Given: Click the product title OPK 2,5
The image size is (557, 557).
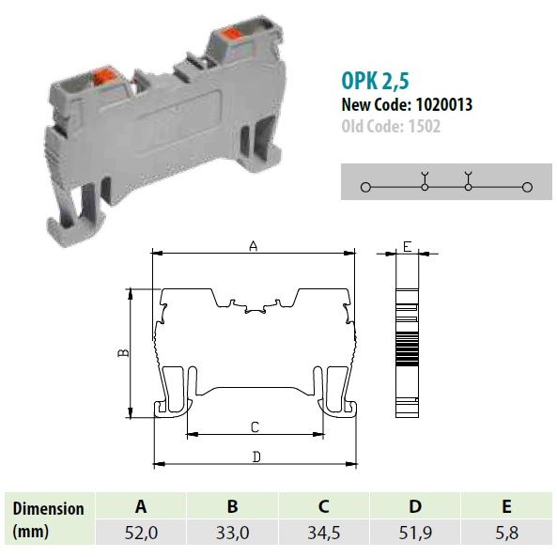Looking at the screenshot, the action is click(x=375, y=81).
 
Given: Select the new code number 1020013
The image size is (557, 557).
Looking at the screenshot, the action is click(x=444, y=105).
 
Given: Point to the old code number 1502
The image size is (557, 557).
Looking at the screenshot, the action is click(x=425, y=126).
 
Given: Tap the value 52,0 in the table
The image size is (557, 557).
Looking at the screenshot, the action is click(x=141, y=533).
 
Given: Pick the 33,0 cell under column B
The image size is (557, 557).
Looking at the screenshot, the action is click(x=232, y=533).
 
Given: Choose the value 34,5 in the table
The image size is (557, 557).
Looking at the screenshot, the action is click(x=324, y=533).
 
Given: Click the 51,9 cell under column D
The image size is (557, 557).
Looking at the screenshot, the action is click(x=415, y=533).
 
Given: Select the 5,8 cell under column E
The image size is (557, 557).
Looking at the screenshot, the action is click(x=507, y=533).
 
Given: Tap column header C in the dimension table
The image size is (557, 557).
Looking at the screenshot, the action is click(x=324, y=506).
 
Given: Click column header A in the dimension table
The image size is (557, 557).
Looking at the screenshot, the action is click(x=141, y=506).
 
